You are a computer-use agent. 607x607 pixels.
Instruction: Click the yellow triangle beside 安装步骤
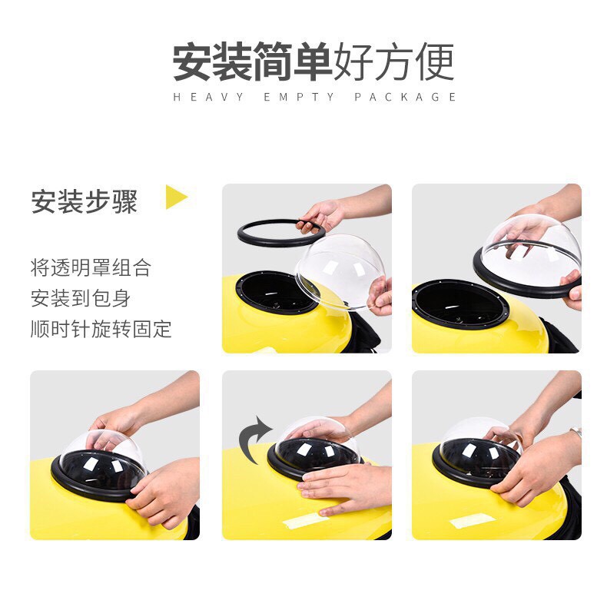[x=175, y=197]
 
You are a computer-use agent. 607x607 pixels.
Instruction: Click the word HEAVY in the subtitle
[x=208, y=97]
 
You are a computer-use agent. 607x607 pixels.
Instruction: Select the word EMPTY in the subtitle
[x=298, y=97]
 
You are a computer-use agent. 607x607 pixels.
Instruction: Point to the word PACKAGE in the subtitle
[x=405, y=97]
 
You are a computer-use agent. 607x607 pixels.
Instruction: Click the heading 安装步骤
[x=85, y=201]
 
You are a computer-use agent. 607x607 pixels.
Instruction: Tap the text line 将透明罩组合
[x=91, y=268]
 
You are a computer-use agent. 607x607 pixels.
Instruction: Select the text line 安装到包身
[x=81, y=298]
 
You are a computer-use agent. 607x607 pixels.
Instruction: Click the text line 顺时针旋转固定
[x=101, y=329]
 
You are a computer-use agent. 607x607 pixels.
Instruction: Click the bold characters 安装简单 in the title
[x=252, y=62]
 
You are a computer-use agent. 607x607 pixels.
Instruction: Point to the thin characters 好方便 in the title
[x=393, y=62]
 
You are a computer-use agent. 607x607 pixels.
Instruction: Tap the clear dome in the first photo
[x=340, y=272]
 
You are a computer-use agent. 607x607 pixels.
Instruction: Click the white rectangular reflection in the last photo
[x=473, y=521]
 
